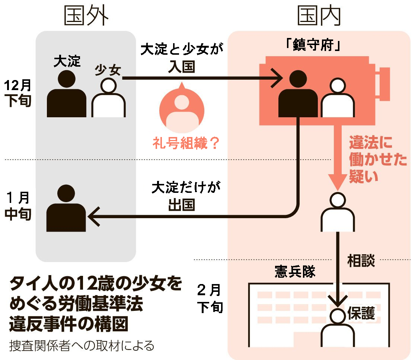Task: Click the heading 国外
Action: [x=87, y=16]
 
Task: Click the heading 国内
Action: [x=319, y=16]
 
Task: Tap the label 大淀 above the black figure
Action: [x=67, y=62]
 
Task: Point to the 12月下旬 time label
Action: [x=18, y=93]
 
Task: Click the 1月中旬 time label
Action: [x=18, y=207]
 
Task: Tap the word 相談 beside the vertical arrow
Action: [x=361, y=260]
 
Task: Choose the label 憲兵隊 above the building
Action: [x=294, y=272]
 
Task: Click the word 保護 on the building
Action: [x=361, y=313]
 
